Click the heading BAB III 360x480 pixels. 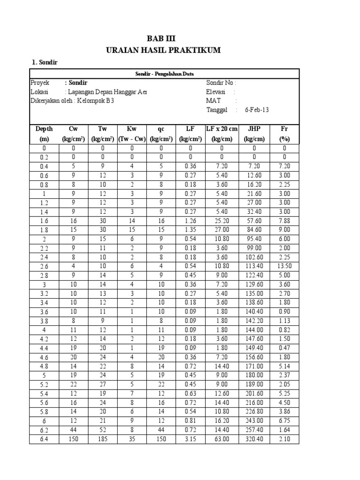[163, 38]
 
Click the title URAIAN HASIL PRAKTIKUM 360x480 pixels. [163, 50]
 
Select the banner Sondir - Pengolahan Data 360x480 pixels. [165, 74]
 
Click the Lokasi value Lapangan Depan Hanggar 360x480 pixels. [106, 92]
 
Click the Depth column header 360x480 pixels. [44, 129]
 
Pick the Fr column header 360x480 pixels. [284, 129]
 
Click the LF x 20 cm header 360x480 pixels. [222, 129]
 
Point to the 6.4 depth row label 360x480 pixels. [44, 439]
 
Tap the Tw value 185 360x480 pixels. [102, 439]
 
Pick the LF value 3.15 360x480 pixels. [190, 439]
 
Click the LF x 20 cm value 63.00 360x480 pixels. [222, 439]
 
